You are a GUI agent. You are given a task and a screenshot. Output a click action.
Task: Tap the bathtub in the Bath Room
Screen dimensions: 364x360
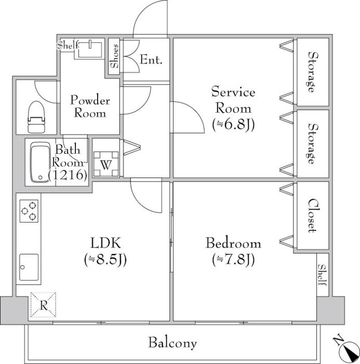coord(38,162)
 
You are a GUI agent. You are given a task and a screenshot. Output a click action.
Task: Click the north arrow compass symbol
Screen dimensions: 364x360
coord(344,347)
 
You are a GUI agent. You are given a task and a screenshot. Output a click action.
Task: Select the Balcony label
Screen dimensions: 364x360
coord(172,343)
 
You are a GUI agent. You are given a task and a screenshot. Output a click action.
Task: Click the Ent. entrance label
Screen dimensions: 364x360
coord(151,60)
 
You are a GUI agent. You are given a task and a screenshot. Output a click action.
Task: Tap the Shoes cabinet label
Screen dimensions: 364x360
coord(115,57)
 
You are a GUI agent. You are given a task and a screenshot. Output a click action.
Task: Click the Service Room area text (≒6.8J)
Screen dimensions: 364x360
coord(233,125)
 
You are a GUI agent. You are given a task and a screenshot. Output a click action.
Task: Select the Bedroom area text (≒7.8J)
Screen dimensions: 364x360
coord(233,259)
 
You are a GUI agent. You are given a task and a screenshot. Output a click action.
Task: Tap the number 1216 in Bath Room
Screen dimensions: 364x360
coord(68,175)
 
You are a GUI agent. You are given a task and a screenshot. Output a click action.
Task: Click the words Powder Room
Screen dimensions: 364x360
coord(90,107)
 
